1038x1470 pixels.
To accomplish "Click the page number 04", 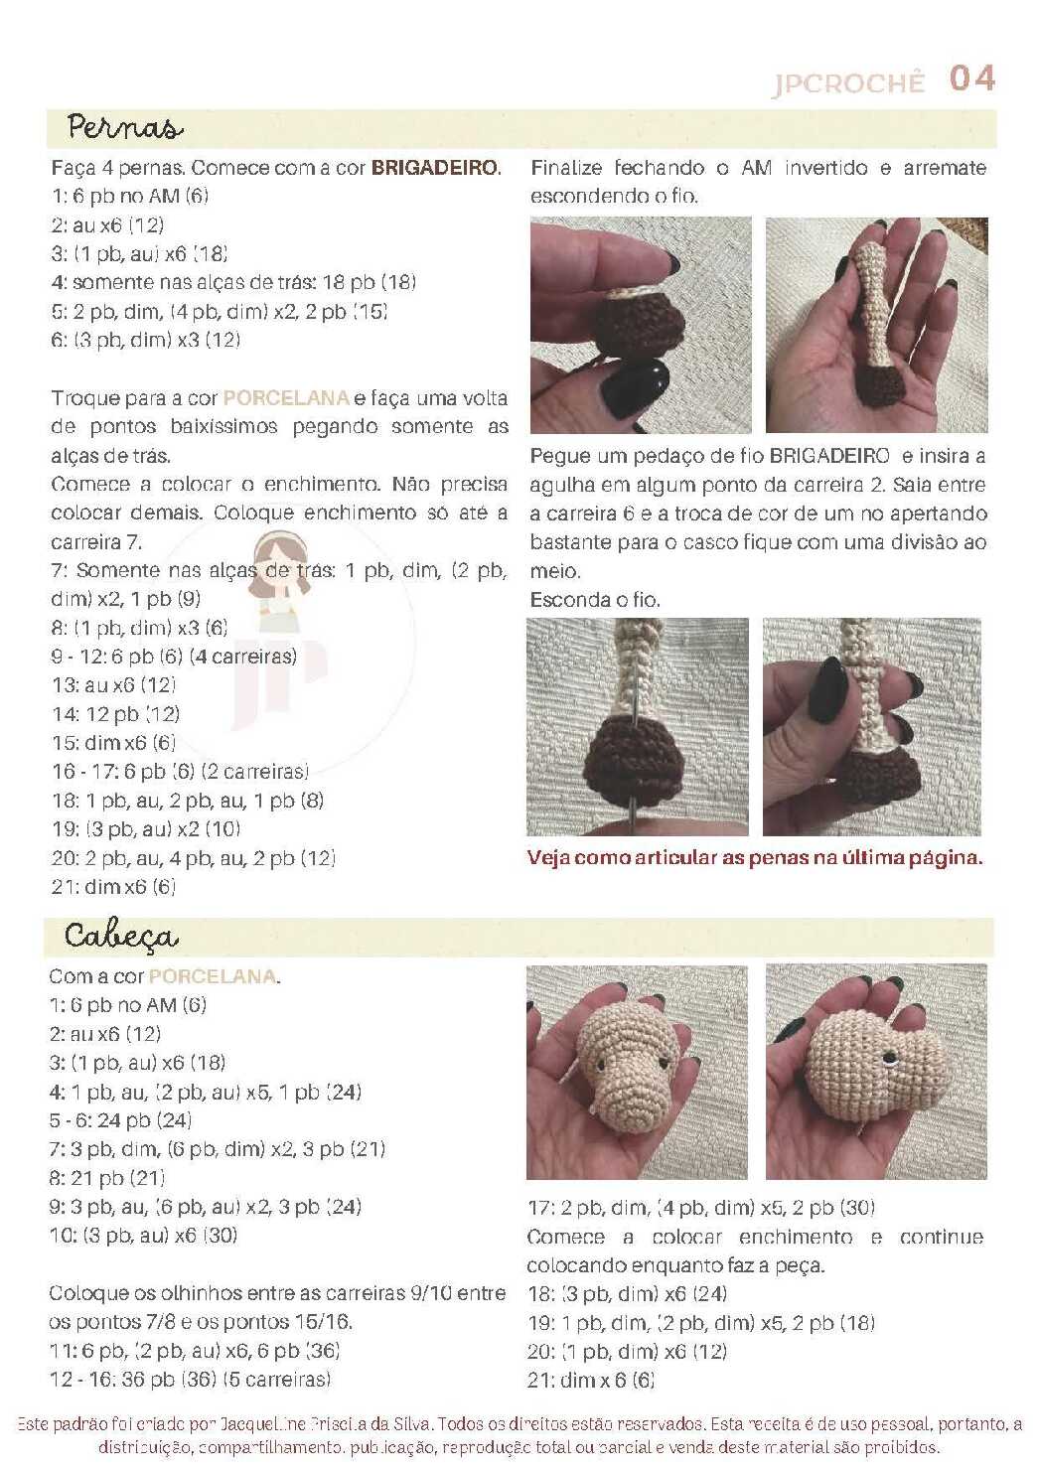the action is (971, 78).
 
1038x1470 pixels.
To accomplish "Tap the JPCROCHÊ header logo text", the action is (848, 83).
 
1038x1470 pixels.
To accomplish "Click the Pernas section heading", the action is (124, 127).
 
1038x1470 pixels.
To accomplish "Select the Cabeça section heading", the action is (121, 937).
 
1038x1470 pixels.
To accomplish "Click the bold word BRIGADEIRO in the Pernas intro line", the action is (434, 168).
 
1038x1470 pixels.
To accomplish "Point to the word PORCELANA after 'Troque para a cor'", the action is (285, 398).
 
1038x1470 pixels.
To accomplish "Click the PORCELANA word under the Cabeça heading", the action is (212, 976).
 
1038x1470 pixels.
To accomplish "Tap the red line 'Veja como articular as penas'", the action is (755, 858).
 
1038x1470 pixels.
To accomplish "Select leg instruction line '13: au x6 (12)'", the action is (114, 685).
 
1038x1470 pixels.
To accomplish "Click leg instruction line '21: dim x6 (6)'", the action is (113, 887).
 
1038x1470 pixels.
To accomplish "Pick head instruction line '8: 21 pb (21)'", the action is (107, 1179).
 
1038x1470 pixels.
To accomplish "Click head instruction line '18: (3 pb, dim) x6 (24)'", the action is (628, 1294).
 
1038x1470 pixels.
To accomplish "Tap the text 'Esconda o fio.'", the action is (595, 600).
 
